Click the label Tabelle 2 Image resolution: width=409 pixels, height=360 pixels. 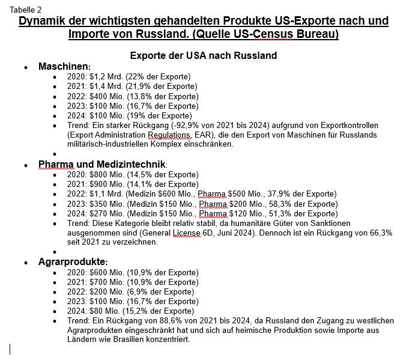pos(25,9)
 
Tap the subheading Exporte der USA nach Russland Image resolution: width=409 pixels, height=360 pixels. pos(204,56)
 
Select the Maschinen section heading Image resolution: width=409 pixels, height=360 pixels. pos(64,67)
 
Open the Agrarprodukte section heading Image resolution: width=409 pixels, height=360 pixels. pos(73,263)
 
